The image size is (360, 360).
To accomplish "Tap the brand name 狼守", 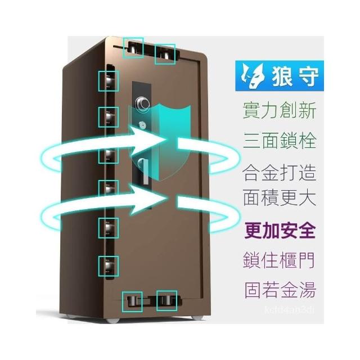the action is coord(296,75).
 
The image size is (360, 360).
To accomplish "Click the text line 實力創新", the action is coord(280,110).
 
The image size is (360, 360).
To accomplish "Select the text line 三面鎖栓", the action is coord(280,140).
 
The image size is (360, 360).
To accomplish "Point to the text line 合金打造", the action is coord(280,172).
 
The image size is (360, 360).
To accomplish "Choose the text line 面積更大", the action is coord(280,197).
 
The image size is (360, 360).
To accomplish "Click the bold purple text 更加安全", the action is coord(280,231).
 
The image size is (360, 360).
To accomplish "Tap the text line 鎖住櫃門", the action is coord(279,260).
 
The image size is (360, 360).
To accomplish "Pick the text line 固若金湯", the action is coord(280,290).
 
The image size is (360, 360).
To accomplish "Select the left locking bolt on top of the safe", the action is coord(133,48).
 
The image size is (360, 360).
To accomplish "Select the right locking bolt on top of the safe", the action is coord(165,54).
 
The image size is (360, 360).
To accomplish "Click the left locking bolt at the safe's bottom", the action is coord(132,301).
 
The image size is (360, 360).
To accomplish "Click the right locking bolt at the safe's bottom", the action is coord(166,301).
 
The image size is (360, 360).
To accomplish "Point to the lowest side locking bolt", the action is coord(109,266).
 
